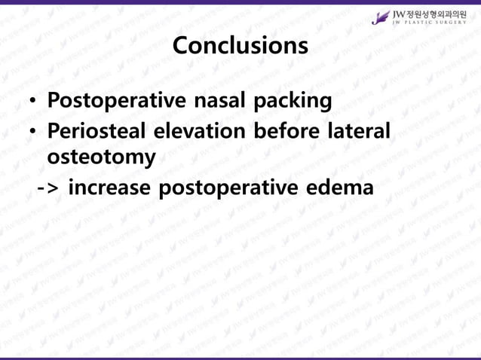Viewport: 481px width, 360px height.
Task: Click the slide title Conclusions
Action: coord(240,45)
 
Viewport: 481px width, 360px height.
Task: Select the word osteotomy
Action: coord(102,157)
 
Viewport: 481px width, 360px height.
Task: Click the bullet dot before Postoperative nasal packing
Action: coord(32,102)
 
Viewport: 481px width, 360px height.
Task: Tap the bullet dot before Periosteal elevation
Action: coord(32,132)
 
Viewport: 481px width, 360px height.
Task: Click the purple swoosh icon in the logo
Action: coord(381,17)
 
